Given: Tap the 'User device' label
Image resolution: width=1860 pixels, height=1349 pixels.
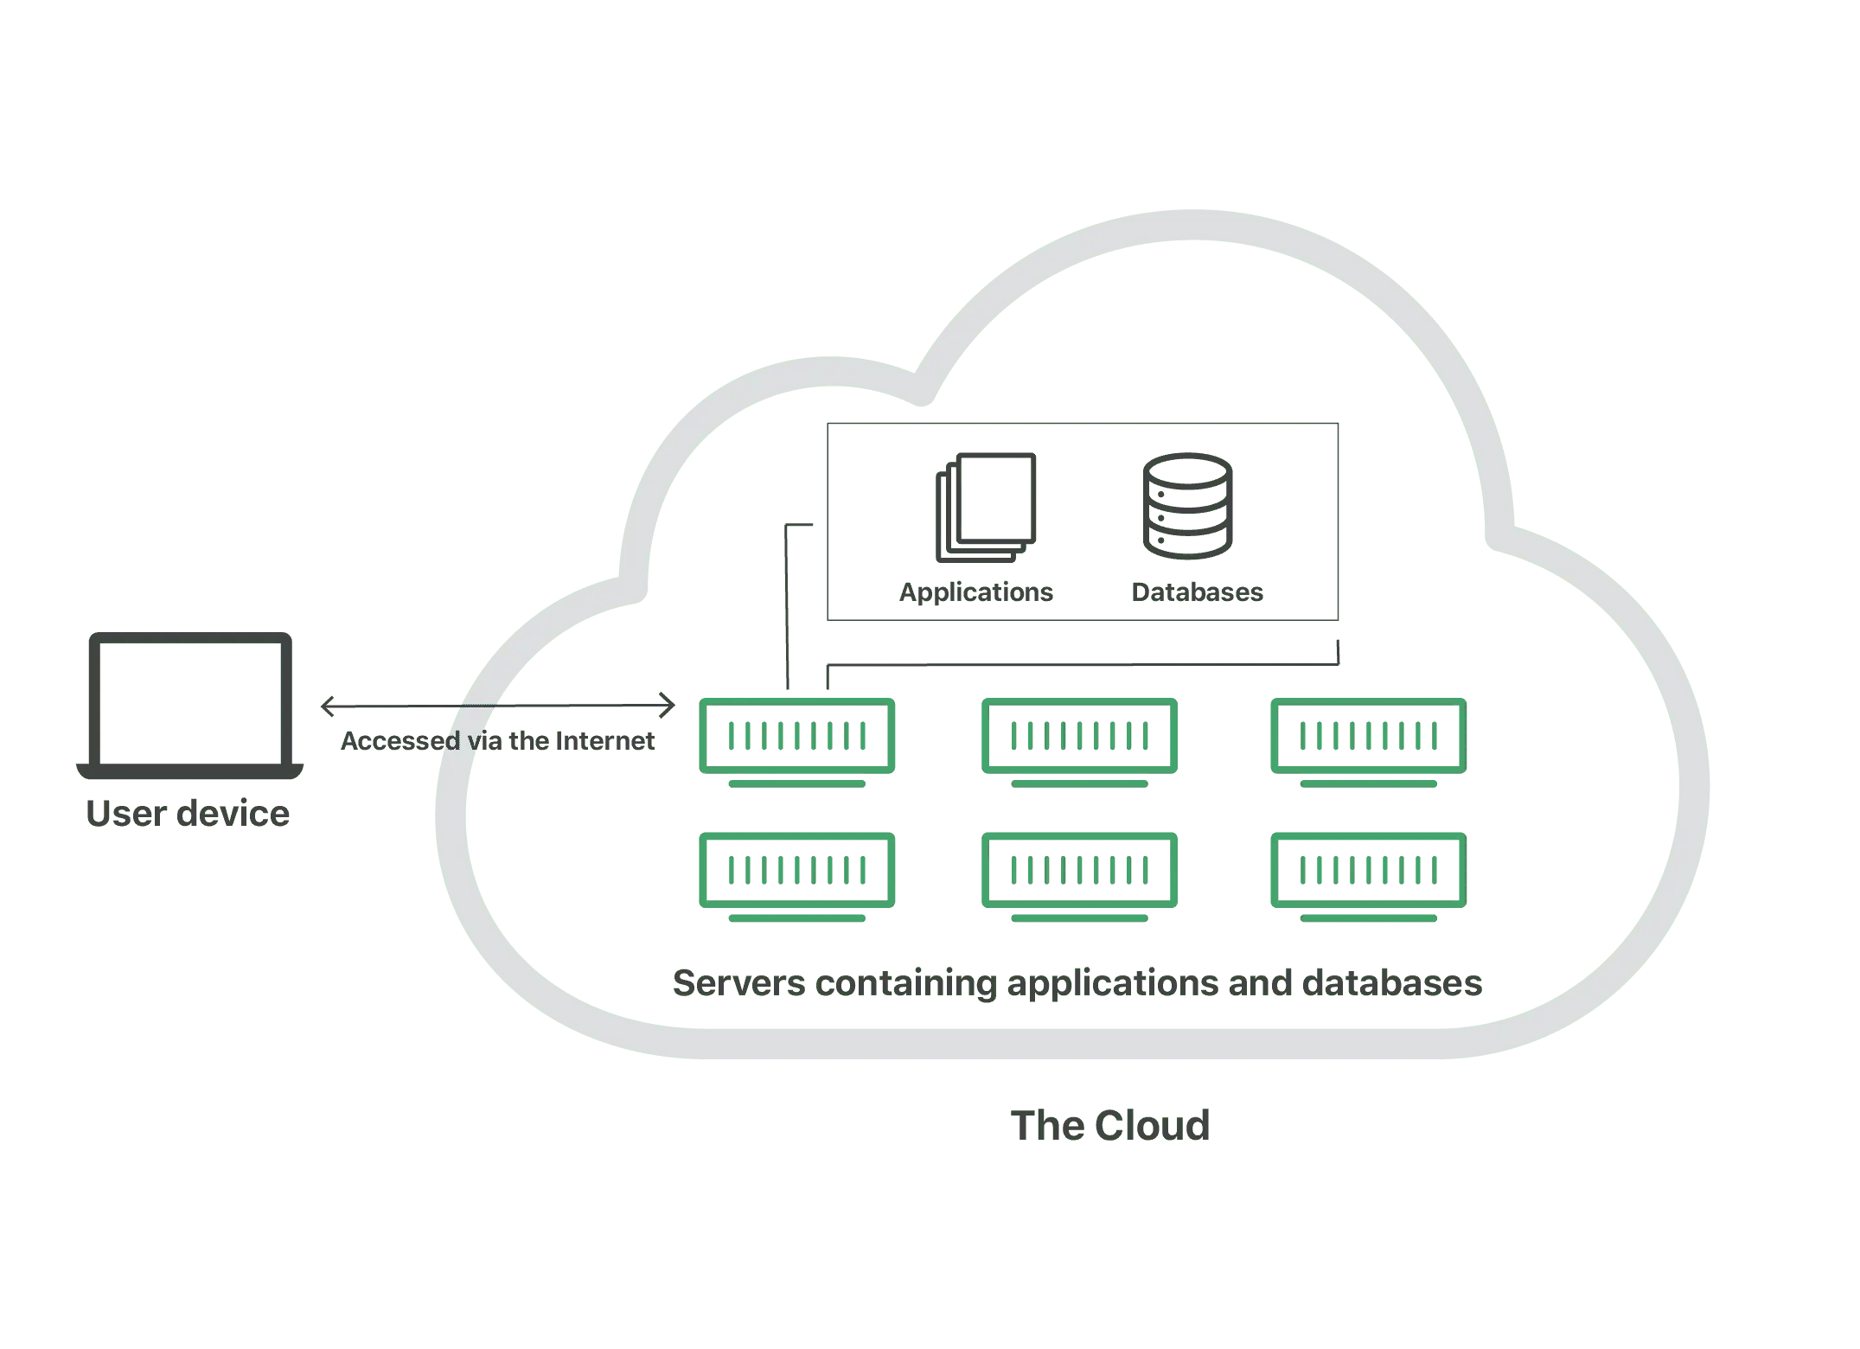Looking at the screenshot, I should click(187, 814).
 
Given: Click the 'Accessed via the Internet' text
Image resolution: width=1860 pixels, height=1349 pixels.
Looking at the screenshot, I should click(497, 741).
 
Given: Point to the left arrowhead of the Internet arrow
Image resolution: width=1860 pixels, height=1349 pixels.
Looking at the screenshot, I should click(326, 706).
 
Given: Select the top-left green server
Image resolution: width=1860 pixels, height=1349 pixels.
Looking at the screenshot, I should click(797, 738).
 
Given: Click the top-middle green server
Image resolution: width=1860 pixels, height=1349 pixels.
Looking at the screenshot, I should click(1078, 738).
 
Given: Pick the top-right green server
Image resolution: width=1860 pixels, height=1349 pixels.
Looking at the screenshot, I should click(1366, 738).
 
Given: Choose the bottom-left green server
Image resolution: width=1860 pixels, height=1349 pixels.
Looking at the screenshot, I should click(797, 872).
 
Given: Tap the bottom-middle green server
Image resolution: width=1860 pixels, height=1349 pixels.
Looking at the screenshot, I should click(1078, 872).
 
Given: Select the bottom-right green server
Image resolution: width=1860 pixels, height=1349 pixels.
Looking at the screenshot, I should click(1366, 872).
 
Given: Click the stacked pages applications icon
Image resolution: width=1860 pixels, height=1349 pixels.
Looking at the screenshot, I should click(986, 508).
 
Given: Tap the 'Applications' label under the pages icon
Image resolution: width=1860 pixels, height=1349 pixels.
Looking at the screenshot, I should click(978, 592).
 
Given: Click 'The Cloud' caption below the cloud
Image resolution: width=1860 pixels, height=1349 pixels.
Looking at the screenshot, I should click(1109, 1125).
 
